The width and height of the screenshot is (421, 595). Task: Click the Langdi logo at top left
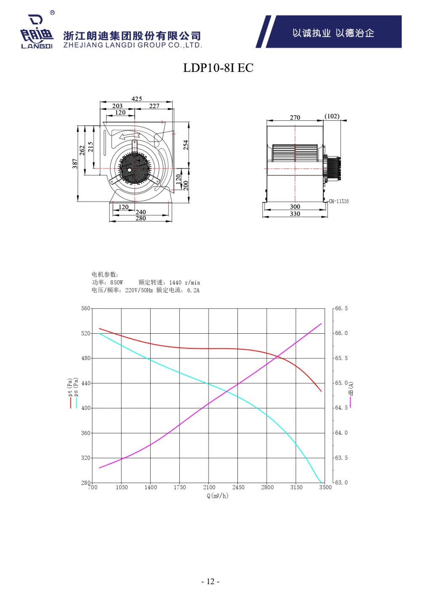(37, 31)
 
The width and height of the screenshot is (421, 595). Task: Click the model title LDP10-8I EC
(218, 68)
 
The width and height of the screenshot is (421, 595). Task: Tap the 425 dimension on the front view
(136, 99)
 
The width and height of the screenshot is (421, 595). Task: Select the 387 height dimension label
(75, 163)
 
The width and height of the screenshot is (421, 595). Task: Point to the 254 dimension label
(186, 145)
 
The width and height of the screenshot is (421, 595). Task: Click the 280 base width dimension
(141, 218)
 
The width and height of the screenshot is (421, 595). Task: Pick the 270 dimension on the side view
(295, 117)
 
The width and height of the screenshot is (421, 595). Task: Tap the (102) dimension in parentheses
(332, 116)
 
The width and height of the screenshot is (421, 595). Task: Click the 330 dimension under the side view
(295, 214)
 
